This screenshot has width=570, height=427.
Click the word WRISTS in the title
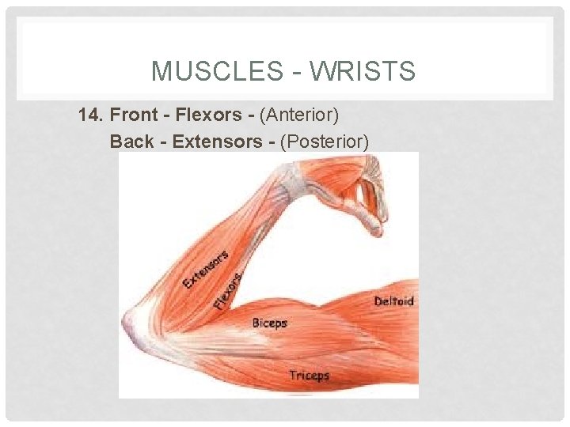point(363,73)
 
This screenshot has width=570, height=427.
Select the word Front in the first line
point(134,115)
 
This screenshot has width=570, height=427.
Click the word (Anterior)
point(302,115)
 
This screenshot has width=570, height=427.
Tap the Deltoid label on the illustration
point(393,301)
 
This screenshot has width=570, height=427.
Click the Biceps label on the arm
point(269,323)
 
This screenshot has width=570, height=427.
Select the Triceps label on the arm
point(309,375)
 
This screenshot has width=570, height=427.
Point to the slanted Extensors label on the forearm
point(206,269)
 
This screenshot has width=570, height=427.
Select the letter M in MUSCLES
point(161,73)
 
